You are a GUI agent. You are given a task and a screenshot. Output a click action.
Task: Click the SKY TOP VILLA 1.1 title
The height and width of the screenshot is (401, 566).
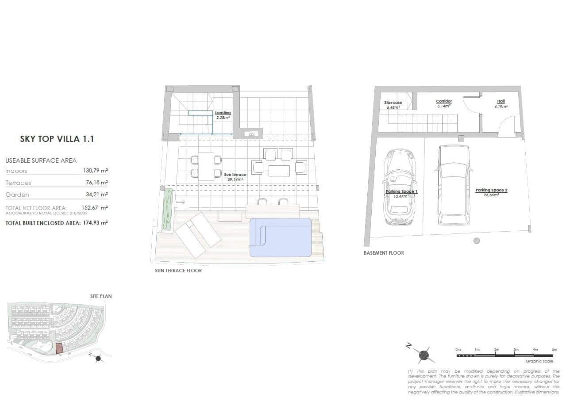pyautogui.click(x=57, y=139)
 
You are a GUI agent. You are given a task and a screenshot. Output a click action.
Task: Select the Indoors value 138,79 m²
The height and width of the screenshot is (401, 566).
pyautogui.click(x=95, y=171)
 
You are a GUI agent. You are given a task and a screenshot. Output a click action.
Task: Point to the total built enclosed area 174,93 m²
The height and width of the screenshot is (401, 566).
pyautogui.click(x=95, y=223)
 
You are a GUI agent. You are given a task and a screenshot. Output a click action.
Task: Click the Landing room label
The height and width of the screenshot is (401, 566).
pyautogui.click(x=223, y=113)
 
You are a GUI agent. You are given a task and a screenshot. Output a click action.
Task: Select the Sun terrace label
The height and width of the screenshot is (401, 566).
pyautogui.click(x=235, y=175)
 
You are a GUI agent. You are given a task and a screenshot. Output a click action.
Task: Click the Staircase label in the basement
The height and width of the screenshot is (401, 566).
pyautogui.click(x=393, y=103)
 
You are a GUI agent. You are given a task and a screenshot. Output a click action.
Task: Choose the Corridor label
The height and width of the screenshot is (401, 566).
pyautogui.click(x=443, y=102)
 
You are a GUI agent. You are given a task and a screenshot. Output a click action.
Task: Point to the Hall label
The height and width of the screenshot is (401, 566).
pyautogui.click(x=501, y=101)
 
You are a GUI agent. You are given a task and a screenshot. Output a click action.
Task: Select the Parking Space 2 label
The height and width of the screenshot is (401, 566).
pyautogui.click(x=491, y=191)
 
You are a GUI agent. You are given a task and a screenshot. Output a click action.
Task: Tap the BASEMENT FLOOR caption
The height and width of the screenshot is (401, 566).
pyautogui.click(x=384, y=253)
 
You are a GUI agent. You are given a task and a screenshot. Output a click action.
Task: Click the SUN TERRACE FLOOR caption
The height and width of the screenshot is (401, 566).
pyautogui.click(x=178, y=271)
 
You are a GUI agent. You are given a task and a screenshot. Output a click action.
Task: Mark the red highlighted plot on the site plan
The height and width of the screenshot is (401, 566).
pyautogui.click(x=59, y=348)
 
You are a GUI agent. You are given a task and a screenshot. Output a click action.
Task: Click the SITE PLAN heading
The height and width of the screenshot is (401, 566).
pyautogui.click(x=101, y=296)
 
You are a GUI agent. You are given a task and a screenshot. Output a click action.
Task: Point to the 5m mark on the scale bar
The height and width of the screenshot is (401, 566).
pyautogui.click(x=554, y=350)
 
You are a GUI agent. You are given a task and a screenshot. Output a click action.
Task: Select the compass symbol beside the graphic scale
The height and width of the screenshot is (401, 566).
pyautogui.click(x=424, y=354)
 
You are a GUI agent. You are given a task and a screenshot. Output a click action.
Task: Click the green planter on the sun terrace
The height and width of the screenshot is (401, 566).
pyautogui.click(x=167, y=209)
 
